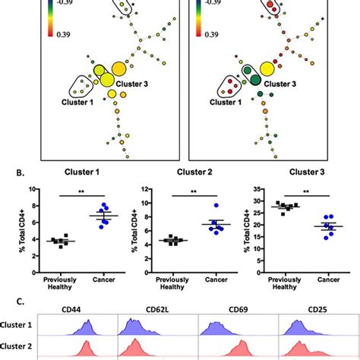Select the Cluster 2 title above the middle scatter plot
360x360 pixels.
click(188, 173)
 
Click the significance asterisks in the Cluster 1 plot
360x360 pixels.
click(77, 192)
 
